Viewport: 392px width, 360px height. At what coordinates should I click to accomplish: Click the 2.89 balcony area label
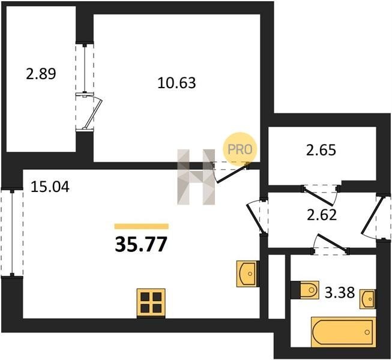41,74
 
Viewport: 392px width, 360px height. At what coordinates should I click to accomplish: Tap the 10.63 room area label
176,83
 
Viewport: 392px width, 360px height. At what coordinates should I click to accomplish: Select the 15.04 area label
50,187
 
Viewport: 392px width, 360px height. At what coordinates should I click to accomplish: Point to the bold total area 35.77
140,245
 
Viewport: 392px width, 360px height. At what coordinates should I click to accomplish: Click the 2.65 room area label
321,150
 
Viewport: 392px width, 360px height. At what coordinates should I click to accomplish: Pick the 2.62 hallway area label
322,215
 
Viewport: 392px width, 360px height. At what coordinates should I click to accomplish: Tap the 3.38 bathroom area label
340,293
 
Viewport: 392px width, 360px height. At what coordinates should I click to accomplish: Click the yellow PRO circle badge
240,149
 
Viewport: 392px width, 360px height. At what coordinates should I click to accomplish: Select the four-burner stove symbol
151,303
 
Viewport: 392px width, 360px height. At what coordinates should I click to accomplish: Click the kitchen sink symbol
247,274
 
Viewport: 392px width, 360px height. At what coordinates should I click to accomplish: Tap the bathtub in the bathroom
343,332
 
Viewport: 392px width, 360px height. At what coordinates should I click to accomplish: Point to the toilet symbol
309,290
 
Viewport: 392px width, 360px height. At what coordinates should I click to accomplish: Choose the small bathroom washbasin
367,299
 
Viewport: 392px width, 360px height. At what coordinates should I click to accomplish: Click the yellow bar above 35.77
142,226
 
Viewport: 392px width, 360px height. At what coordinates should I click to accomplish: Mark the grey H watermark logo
196,177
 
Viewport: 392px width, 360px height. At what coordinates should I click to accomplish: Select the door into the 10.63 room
231,172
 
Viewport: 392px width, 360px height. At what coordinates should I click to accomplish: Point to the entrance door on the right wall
373,216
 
